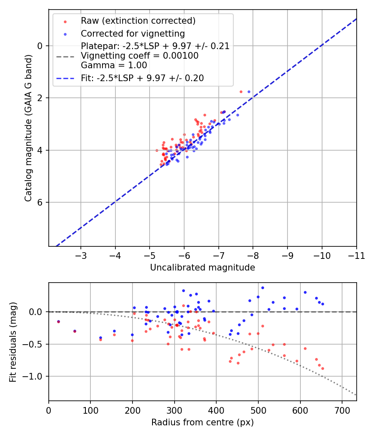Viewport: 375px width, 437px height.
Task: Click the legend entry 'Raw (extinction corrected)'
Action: (138, 21)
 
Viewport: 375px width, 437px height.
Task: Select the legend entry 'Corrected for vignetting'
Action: (132, 33)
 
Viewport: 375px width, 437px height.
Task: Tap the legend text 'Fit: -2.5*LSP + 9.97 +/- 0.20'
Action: (142, 78)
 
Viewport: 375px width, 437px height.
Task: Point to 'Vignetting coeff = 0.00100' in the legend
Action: (140, 56)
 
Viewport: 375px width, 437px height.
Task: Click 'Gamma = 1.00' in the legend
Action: (114, 65)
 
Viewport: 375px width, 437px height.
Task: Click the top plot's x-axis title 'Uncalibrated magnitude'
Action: (202, 268)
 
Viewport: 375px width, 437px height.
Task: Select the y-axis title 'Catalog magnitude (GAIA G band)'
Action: (28, 127)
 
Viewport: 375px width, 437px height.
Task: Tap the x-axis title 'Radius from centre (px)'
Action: (202, 422)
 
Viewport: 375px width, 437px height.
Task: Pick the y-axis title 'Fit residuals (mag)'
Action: (13, 342)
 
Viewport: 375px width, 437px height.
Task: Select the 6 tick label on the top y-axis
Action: (40, 202)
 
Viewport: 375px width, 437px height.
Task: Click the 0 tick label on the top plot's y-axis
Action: (40, 46)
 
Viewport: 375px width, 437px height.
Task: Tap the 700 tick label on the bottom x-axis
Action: (342, 411)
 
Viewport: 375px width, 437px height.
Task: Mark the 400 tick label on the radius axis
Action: (216, 411)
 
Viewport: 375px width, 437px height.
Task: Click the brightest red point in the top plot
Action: (241, 92)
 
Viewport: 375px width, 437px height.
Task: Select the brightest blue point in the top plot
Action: (249, 92)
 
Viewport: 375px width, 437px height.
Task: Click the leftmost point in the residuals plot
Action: (58, 321)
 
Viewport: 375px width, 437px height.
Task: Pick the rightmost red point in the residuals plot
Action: (322, 368)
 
